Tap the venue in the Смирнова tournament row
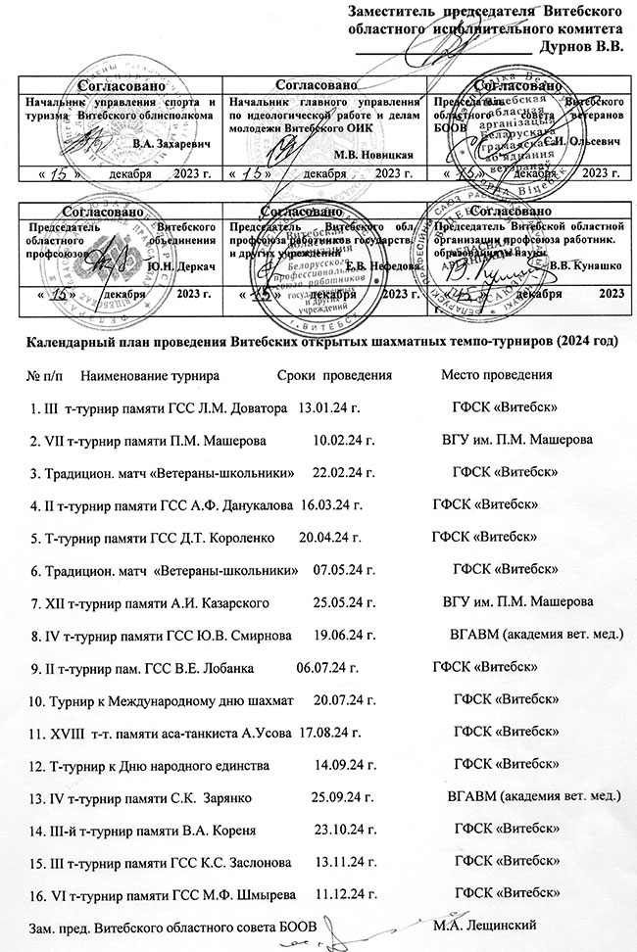(535, 635)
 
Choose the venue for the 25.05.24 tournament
(518, 600)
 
